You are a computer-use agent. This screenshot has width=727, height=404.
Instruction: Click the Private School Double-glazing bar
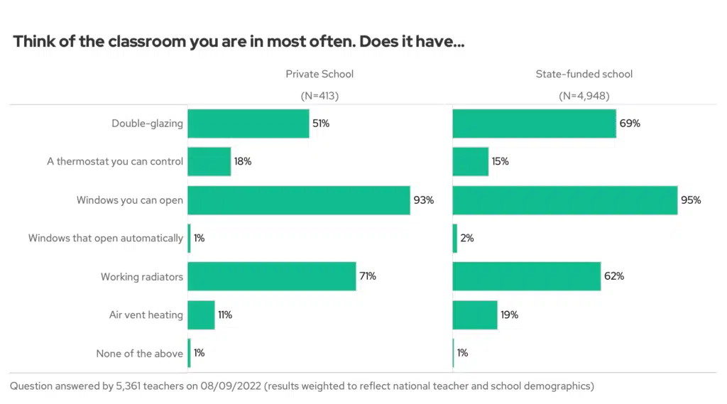[x=248, y=124]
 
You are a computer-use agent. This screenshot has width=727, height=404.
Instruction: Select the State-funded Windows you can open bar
[x=565, y=200]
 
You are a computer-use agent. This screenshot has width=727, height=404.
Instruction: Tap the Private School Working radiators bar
[x=272, y=276]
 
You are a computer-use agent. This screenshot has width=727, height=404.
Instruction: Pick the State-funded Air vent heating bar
[x=475, y=315]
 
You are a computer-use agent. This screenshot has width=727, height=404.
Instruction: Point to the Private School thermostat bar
[x=209, y=162]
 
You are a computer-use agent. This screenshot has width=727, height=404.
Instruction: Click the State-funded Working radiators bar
[x=527, y=276]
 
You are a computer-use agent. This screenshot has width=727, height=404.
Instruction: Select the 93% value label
[x=423, y=200]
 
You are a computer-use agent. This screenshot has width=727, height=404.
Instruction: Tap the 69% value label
[x=629, y=124]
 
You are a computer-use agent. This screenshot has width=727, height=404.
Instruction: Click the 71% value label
[x=367, y=276]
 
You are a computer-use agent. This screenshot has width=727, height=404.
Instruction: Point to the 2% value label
[x=466, y=239]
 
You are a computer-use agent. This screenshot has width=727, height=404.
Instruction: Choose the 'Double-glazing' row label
[x=147, y=124]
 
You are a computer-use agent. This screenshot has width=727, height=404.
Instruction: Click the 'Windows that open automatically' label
[x=106, y=239]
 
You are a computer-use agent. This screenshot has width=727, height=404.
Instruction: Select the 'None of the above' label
[x=139, y=354]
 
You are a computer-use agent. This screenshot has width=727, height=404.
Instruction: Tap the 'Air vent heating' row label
[x=146, y=315]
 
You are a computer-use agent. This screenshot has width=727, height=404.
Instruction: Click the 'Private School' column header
[x=319, y=74]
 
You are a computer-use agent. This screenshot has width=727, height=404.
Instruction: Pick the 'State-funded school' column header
[x=584, y=74]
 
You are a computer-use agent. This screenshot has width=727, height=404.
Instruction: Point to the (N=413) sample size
[x=319, y=96]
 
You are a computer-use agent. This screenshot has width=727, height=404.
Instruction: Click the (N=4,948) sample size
[x=584, y=96]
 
